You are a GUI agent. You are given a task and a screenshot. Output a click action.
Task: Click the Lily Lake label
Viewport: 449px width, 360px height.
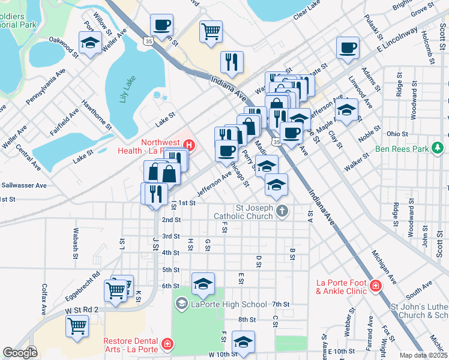click(127, 89)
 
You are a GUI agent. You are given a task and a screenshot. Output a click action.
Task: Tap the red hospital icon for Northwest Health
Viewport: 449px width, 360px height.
click(190, 145)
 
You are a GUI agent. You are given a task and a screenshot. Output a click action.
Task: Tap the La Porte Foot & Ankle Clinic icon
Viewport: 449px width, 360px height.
click(376, 286)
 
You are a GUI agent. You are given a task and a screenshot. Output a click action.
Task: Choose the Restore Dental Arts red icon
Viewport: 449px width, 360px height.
click(166, 344)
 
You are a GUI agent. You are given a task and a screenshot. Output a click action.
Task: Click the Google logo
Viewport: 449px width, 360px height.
click(20, 353)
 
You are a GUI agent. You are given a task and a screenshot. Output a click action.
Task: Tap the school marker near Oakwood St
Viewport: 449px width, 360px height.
click(90, 44)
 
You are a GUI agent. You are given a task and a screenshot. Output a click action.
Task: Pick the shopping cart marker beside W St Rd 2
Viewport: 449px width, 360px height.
click(77, 326)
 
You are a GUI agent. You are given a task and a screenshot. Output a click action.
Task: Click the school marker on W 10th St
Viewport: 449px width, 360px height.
click(243, 342)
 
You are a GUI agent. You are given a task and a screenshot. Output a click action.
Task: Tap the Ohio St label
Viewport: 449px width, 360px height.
click(397, 134)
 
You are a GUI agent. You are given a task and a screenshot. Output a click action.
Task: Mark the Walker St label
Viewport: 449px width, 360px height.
click(357, 163)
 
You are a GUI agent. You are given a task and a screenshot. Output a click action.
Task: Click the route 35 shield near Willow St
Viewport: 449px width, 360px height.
click(148, 40)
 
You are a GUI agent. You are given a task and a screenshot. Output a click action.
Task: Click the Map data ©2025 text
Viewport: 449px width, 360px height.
click(424, 355)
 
